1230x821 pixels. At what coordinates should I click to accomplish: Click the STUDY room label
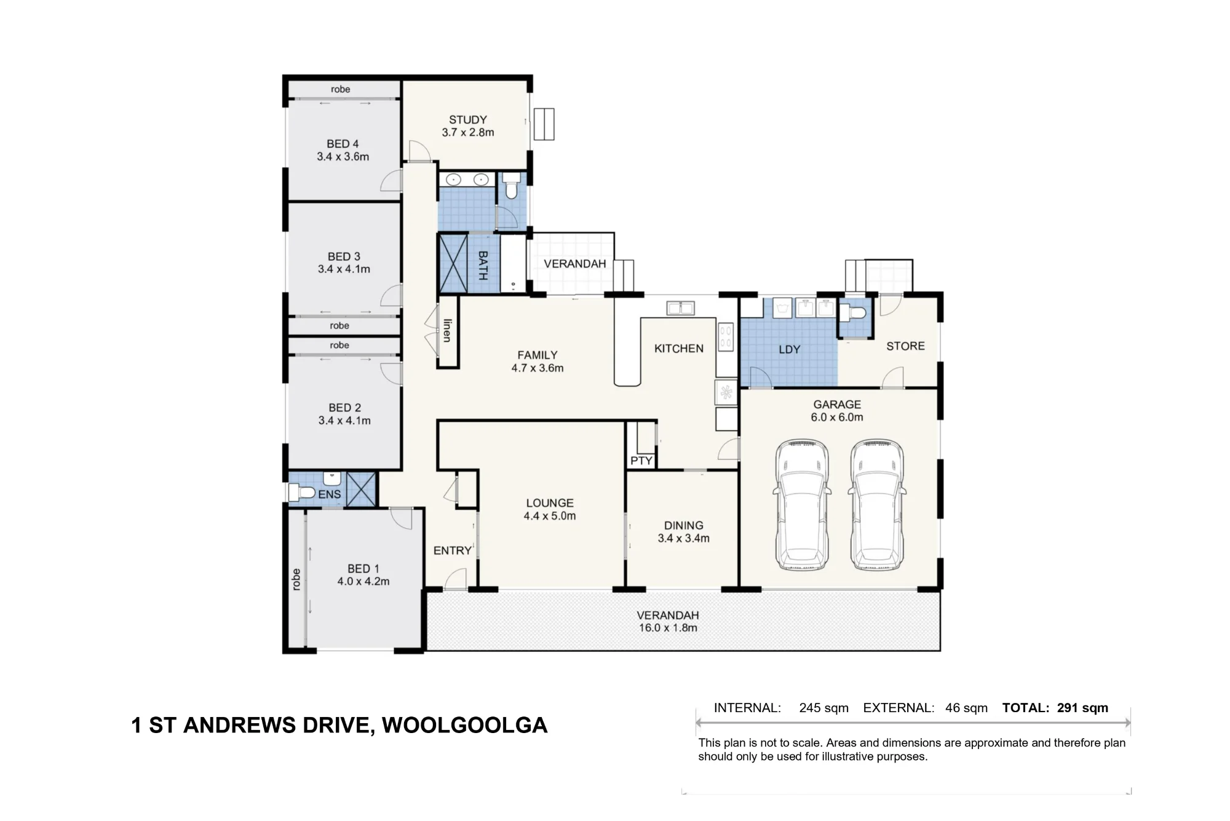tap(468, 120)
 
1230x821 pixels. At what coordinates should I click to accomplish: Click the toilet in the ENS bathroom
tap(302, 493)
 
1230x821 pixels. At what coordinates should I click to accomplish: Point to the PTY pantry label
tap(641, 461)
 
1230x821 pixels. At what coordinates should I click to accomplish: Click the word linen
tap(447, 330)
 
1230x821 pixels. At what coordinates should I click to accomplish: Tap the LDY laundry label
tap(790, 349)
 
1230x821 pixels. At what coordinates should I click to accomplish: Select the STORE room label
tap(905, 346)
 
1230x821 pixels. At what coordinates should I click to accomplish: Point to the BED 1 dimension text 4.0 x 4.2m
tap(363, 581)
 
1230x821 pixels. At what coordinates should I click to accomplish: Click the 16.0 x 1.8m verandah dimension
tap(668, 628)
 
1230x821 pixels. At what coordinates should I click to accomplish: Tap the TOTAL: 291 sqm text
tap(1055, 708)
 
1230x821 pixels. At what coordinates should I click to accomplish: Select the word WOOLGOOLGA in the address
tap(465, 726)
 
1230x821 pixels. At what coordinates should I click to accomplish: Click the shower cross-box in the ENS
tap(361, 490)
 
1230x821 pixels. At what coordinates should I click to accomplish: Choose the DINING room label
tap(684, 526)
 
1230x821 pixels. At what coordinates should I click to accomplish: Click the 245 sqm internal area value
tap(824, 708)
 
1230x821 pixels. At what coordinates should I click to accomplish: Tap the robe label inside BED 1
tap(296, 579)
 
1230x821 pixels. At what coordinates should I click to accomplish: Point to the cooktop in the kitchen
tap(726, 337)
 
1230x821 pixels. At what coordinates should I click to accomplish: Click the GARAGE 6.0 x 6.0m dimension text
tap(837, 417)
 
